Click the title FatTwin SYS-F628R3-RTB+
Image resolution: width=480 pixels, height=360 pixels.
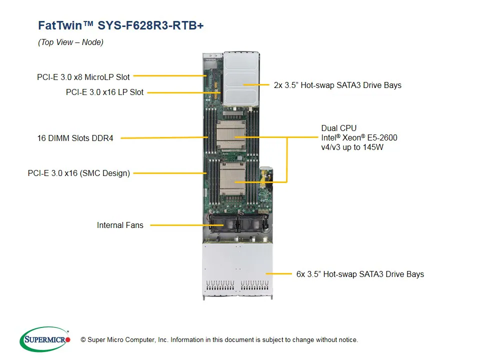pyautogui.click(x=120, y=25)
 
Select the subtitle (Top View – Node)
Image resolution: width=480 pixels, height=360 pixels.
pyautogui.click(x=70, y=42)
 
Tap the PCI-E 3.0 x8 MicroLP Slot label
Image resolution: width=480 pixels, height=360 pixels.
pyautogui.click(x=83, y=77)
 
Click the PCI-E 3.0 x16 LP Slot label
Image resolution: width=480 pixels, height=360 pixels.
pyautogui.click(x=104, y=92)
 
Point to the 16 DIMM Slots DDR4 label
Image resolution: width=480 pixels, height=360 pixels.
pyautogui.click(x=75, y=138)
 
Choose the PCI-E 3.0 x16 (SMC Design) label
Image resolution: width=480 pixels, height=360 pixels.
pyautogui.click(x=78, y=173)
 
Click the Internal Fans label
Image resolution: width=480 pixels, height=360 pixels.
pyautogui.click(x=120, y=225)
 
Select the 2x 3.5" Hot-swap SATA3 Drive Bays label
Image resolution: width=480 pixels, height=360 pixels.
pyautogui.click(x=337, y=85)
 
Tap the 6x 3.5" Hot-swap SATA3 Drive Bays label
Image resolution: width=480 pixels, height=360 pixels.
pyautogui.click(x=360, y=274)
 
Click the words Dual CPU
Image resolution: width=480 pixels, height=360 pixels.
pyautogui.click(x=338, y=128)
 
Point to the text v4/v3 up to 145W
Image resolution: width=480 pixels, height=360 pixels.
pyautogui.click(x=352, y=147)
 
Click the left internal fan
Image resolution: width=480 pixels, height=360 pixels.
pyautogui.click(x=220, y=223)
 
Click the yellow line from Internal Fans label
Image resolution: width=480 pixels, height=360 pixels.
pyautogui.click(x=180, y=225)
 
